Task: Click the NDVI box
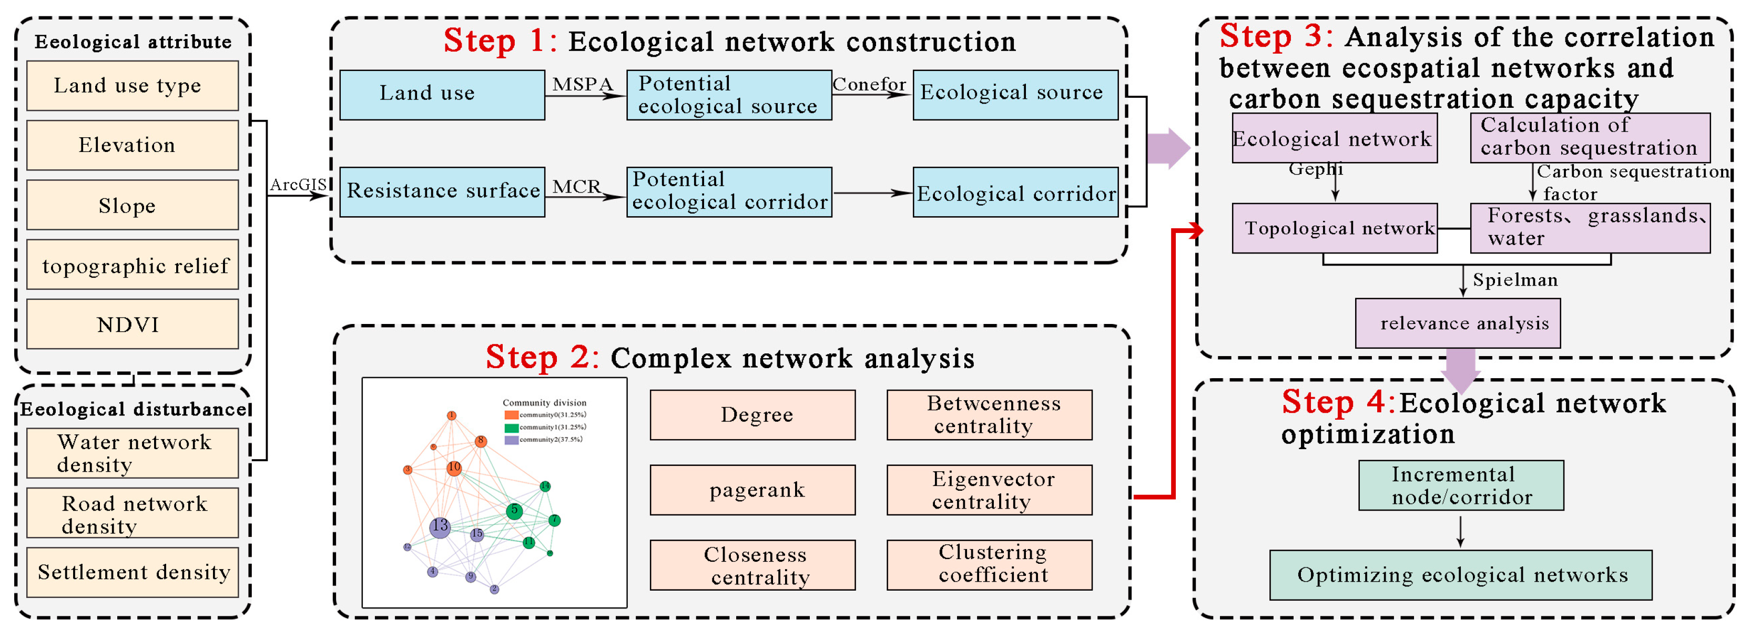coord(133,324)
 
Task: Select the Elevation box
coord(133,145)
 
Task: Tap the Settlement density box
coord(133,572)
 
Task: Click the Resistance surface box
coord(442,191)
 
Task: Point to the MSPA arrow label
coord(582,84)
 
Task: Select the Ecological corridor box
coord(1015,193)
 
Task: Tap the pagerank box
coord(752,490)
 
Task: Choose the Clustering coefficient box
coord(989,564)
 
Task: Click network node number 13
coord(440,526)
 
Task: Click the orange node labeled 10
coord(454,468)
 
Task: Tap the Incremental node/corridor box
coord(1461,485)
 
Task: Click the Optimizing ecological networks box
coord(1461,575)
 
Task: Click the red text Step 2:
coord(542,358)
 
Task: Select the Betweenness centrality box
coord(989,414)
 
